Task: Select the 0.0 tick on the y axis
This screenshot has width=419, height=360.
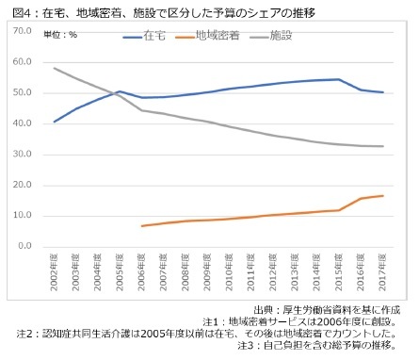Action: pyautogui.click(x=24, y=246)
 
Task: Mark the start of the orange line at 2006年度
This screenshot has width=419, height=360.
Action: pyautogui.click(x=141, y=226)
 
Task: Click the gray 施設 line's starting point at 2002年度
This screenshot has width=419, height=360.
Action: pyautogui.click(x=55, y=68)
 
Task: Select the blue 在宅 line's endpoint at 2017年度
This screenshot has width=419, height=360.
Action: pyautogui.click(x=380, y=92)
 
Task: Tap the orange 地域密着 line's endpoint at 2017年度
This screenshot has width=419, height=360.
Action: pyautogui.click(x=380, y=195)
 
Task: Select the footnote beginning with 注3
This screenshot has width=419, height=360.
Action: pyautogui.click(x=324, y=346)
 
